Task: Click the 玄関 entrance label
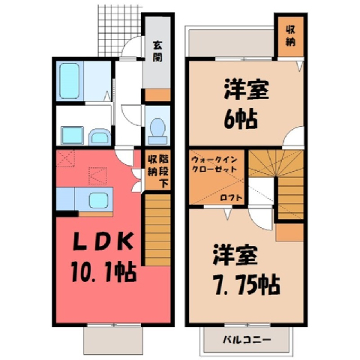(157, 52)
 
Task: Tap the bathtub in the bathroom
(70, 80)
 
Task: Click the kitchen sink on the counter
(98, 201)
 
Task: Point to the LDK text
(103, 241)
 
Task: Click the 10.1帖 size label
(103, 271)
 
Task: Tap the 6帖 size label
(240, 119)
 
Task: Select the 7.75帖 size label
(246, 285)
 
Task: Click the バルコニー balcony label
(247, 340)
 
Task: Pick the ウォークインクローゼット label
(214, 164)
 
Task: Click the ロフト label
(231, 198)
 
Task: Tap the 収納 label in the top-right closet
(290, 36)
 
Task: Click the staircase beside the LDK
(157, 229)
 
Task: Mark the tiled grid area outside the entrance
(119, 30)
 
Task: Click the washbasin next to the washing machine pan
(100, 136)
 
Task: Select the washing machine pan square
(72, 135)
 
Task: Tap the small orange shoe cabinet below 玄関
(157, 95)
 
